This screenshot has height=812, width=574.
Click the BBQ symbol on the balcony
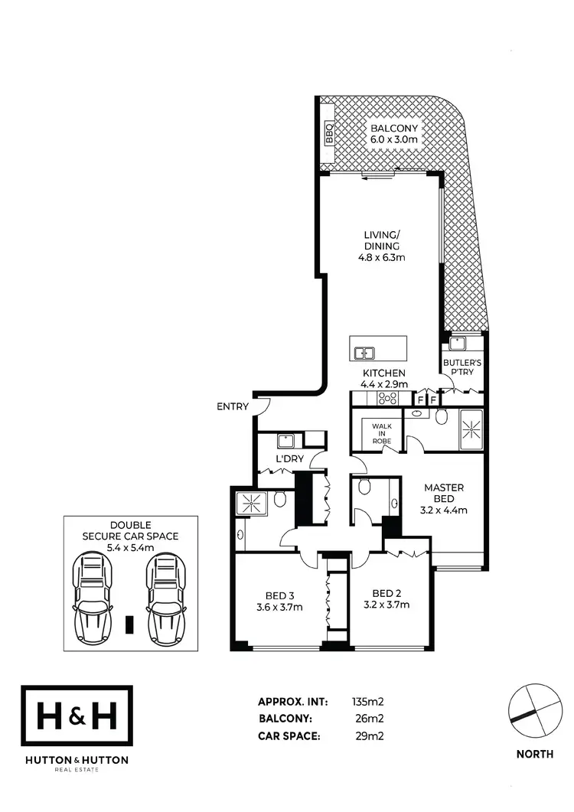[330, 135]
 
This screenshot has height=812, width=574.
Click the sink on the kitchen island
[364, 353]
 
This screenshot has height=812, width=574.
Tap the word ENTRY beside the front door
[233, 406]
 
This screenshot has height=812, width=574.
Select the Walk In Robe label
[381, 433]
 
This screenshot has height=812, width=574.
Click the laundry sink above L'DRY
[286, 441]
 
